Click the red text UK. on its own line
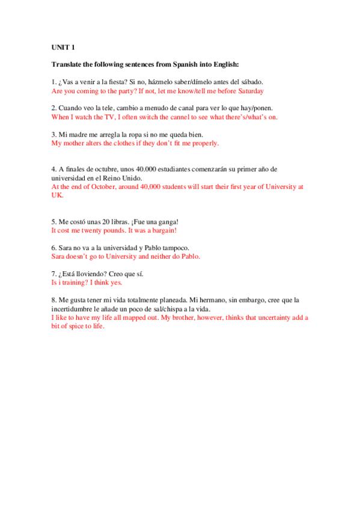point(58,195)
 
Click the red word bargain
point(161,230)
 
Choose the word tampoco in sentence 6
point(174,247)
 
